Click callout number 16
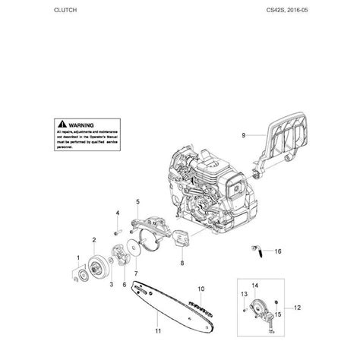(x=277, y=251)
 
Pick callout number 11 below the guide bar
(x=159, y=332)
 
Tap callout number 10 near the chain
(x=202, y=289)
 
